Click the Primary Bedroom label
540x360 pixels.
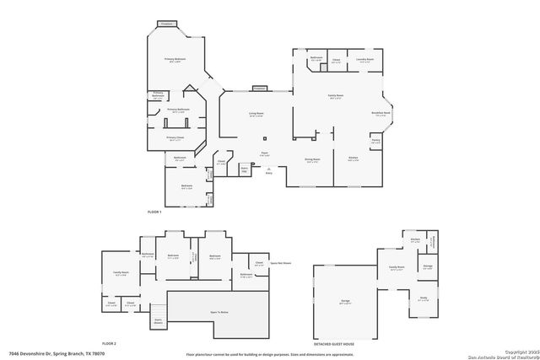coord(175,60)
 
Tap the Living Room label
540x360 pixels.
coord(256,114)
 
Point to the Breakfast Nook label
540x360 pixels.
coord(381,113)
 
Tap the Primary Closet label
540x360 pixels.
coord(175,137)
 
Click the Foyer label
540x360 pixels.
coord(264,154)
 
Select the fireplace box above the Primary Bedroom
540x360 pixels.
coord(167,24)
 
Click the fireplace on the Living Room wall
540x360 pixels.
coord(259,88)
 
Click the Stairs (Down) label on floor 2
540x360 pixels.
coord(157,320)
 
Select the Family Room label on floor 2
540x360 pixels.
coord(121,272)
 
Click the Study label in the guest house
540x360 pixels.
coord(424,298)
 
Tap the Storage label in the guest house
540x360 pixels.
coord(428,267)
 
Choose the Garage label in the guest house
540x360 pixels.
coord(346,302)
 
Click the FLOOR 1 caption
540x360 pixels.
coord(154,211)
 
